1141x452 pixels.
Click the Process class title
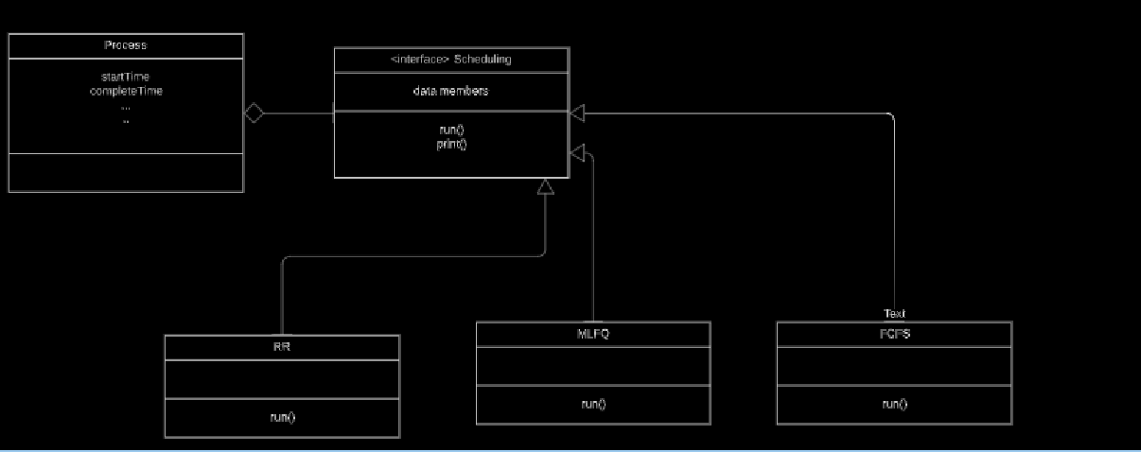point(125,45)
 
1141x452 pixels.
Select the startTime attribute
point(125,77)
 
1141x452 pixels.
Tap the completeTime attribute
point(125,91)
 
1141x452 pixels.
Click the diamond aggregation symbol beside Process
point(253,113)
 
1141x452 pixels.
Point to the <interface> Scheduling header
point(451,60)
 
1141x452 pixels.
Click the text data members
point(451,91)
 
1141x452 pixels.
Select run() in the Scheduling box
point(451,130)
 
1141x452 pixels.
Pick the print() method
point(451,144)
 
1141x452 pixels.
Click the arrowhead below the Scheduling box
point(545,186)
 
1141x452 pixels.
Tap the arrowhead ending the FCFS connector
point(578,113)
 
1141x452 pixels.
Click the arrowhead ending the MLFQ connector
point(578,151)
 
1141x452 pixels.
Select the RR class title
point(281,347)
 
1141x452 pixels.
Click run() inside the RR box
point(281,417)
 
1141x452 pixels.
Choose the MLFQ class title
point(593,334)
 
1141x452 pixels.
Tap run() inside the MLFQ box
point(593,404)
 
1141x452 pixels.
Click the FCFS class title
point(894,334)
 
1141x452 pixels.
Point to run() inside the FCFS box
point(894,404)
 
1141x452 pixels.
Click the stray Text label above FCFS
point(894,314)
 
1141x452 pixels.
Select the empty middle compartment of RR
point(281,378)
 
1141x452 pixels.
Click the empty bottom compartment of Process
point(125,172)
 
